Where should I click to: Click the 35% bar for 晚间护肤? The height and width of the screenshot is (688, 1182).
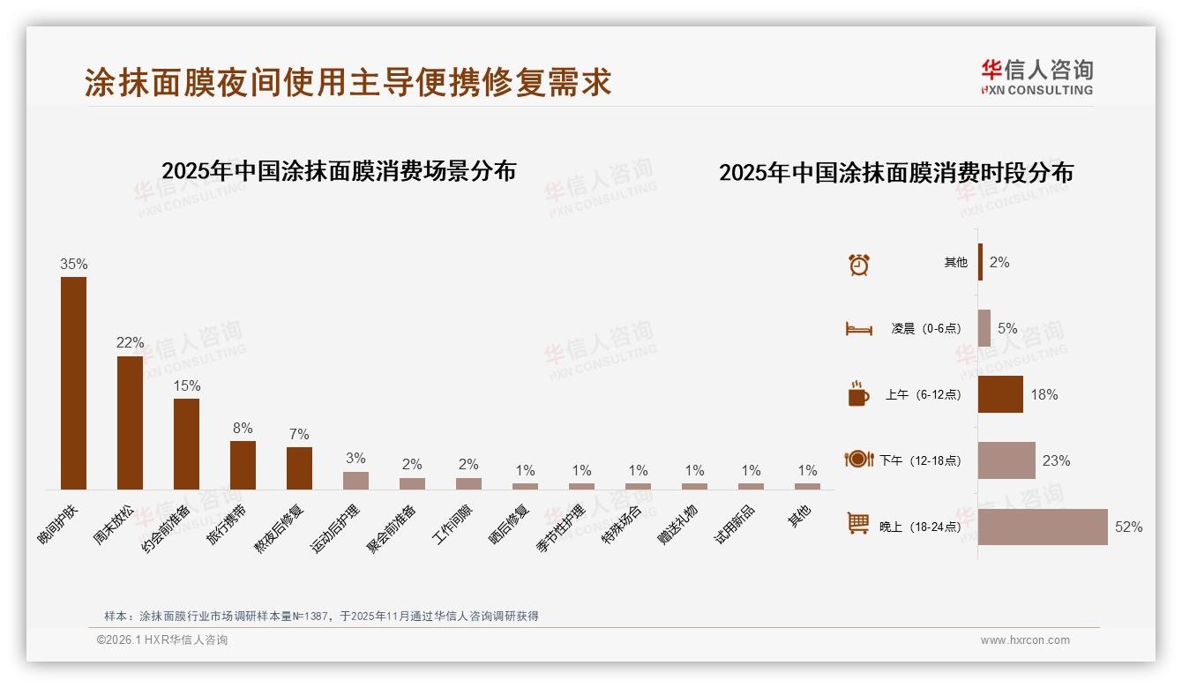[73, 383]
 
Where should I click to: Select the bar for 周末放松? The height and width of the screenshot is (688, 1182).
[130, 423]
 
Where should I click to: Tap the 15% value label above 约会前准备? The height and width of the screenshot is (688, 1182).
[186, 385]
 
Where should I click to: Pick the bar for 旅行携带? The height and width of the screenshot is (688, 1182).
[243, 465]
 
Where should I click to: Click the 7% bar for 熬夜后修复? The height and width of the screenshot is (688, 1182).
[299, 467]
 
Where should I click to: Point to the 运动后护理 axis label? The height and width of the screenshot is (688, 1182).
[336, 527]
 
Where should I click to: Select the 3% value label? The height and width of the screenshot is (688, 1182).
[355, 458]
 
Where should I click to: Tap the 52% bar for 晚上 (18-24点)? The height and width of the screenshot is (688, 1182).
[1043, 527]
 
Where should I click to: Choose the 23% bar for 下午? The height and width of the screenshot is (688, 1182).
[1006, 460]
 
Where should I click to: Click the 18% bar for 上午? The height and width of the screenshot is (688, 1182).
[1000, 394]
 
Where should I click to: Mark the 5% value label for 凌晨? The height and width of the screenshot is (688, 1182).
[1007, 328]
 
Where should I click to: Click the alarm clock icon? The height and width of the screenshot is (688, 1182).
[859, 264]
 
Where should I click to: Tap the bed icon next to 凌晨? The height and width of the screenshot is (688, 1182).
[858, 329]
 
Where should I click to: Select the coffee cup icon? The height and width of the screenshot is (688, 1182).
[858, 393]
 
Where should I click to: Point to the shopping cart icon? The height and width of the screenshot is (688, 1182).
[858, 524]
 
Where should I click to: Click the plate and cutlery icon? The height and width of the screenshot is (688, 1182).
[858, 459]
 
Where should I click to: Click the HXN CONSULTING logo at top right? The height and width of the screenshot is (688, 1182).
[1036, 77]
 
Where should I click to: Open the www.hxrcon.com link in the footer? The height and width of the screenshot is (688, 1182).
[1025, 640]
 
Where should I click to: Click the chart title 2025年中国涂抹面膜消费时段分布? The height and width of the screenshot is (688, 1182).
[895, 173]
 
